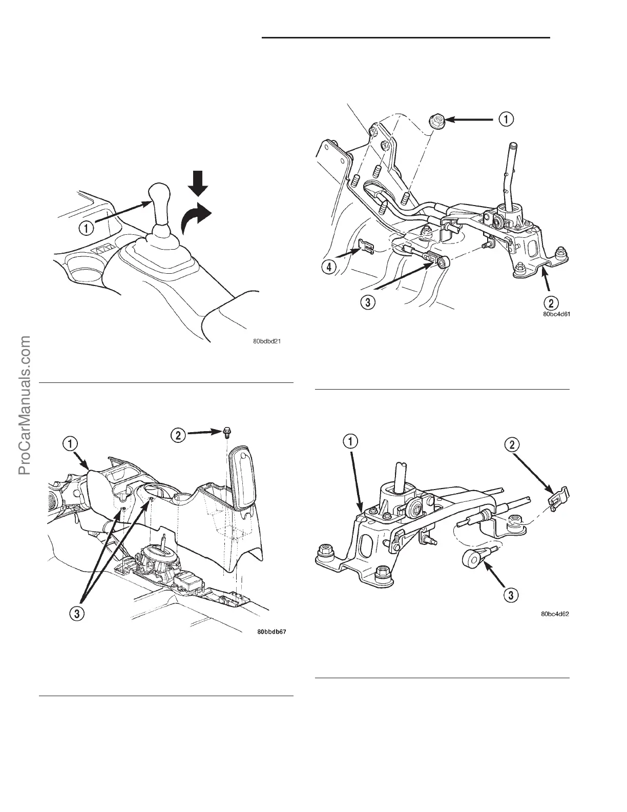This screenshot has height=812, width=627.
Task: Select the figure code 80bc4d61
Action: coord(556,315)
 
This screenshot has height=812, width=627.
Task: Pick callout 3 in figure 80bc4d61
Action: coord(367,301)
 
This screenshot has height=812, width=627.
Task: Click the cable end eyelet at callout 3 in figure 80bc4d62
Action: coord(472,558)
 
